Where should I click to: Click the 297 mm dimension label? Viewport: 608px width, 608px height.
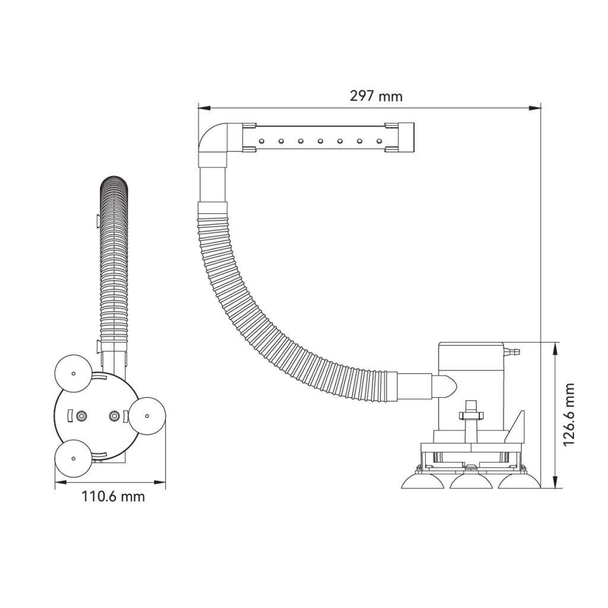376,96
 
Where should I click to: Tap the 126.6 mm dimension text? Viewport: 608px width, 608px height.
569,414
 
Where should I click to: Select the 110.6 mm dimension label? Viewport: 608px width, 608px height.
113,496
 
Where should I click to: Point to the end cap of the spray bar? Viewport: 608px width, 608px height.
406,138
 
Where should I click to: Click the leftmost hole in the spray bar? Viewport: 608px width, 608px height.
262,140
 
